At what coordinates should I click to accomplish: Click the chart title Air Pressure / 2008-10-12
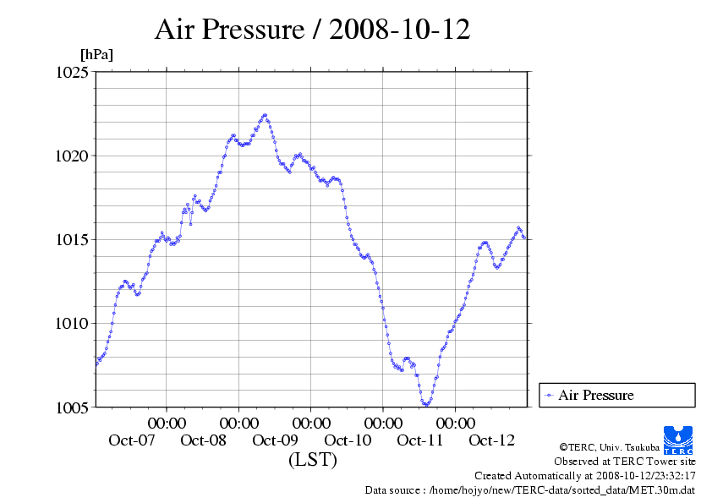click(x=312, y=30)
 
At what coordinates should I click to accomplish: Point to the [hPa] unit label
click(x=96, y=54)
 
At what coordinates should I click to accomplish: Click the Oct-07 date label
click(x=131, y=440)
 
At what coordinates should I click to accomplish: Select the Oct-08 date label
click(x=204, y=440)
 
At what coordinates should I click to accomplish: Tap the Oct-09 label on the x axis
click(x=276, y=440)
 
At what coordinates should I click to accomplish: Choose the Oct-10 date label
click(x=348, y=440)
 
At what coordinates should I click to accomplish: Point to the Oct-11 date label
click(x=420, y=440)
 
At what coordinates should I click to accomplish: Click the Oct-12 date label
click(x=492, y=440)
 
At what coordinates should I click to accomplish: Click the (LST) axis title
click(x=312, y=461)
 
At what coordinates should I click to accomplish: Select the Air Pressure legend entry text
click(x=595, y=396)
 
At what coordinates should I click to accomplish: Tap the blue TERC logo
click(x=679, y=439)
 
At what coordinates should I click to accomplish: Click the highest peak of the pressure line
click(x=265, y=114)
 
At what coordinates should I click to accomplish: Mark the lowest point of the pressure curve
click(x=426, y=404)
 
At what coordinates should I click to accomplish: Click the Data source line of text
click(x=529, y=489)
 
